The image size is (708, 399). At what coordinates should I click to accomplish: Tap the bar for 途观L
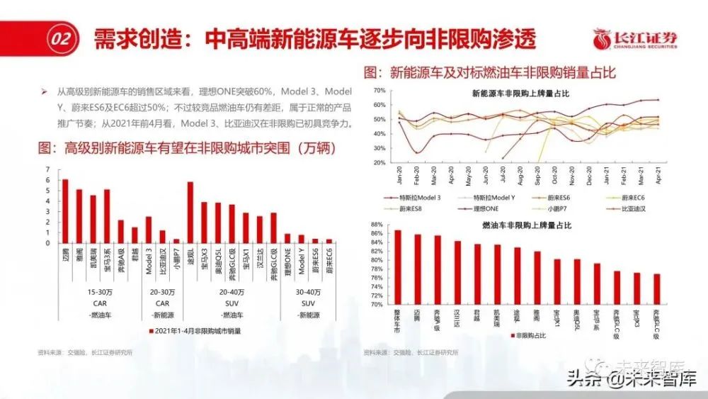point(190,213)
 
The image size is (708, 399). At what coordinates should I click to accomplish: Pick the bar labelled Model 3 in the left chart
point(149,230)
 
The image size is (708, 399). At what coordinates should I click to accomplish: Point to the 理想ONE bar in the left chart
point(287,239)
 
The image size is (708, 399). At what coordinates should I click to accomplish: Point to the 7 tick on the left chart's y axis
point(47,169)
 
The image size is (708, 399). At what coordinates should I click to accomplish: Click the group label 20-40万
point(232,292)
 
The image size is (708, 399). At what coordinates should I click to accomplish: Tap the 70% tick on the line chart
point(379,90)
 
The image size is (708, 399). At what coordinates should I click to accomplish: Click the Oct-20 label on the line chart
point(553,174)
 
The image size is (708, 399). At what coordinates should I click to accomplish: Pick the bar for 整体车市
point(397,267)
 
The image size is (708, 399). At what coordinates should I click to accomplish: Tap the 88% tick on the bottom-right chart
point(377,225)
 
